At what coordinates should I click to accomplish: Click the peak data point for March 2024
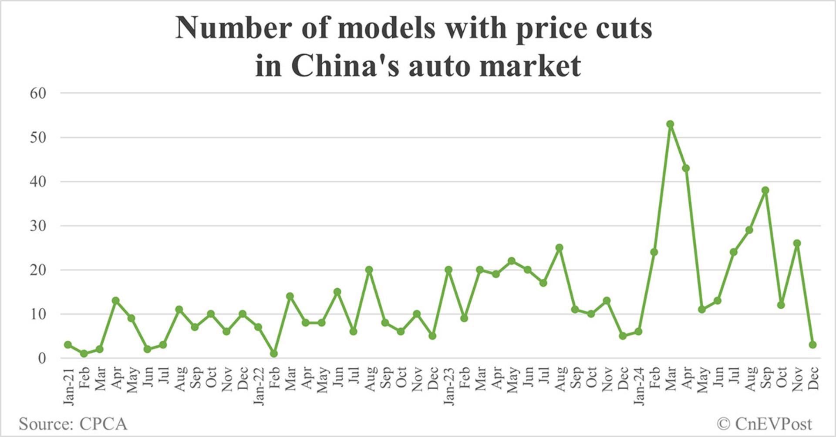[670, 124]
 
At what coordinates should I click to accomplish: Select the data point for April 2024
[686, 168]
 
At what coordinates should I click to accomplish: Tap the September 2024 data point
[765, 190]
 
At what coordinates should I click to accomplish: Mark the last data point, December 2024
[812, 345]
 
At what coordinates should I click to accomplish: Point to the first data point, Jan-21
[68, 345]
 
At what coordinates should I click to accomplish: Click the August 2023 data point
[559, 248]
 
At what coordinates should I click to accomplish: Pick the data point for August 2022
[369, 270]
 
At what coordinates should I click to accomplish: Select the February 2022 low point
[274, 354]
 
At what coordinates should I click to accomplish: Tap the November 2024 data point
[797, 243]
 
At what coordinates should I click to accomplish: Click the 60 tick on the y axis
[38, 93]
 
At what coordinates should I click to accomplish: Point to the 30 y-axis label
[38, 226]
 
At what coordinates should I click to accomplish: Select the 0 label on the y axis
[42, 358]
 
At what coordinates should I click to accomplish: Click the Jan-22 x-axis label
[259, 386]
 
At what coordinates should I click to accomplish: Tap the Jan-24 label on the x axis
[639, 386]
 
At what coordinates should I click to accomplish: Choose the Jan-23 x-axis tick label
[448, 386]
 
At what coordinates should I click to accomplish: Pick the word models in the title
[386, 28]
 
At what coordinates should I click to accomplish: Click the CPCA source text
[103, 424]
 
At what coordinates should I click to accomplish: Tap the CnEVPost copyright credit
[765, 424]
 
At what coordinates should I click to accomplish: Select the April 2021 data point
[115, 300]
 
